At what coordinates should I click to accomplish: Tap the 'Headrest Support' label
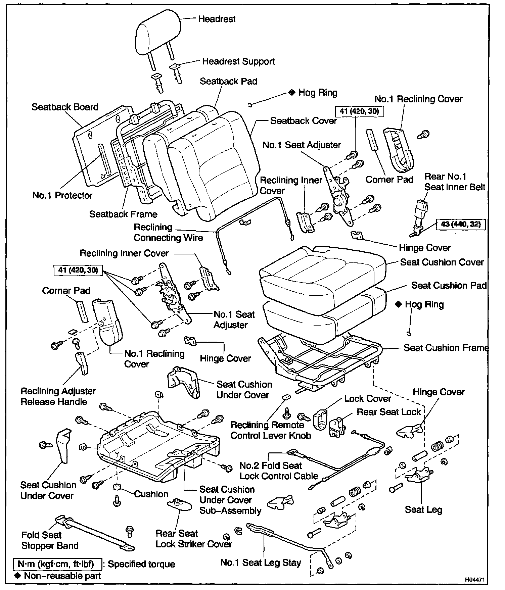click(x=238, y=61)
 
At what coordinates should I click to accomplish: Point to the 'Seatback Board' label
click(x=65, y=107)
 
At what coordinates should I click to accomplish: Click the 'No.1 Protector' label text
click(x=62, y=195)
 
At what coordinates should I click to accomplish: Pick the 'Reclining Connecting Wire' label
click(x=168, y=232)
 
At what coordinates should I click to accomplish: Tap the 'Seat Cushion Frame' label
click(x=446, y=348)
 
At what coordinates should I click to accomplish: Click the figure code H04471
click(x=474, y=580)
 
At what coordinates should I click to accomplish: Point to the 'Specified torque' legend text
click(x=141, y=564)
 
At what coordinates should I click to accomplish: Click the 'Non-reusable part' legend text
click(x=62, y=576)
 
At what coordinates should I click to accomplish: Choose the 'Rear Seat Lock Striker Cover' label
click(x=193, y=539)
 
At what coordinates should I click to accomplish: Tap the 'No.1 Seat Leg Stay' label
click(x=261, y=562)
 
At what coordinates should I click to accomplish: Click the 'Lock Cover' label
click(x=368, y=398)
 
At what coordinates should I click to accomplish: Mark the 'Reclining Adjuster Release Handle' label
click(x=58, y=396)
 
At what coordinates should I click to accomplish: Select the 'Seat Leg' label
click(x=423, y=509)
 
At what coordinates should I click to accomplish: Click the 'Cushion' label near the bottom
click(x=151, y=494)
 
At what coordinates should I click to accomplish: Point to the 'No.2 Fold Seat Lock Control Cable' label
click(x=279, y=471)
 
